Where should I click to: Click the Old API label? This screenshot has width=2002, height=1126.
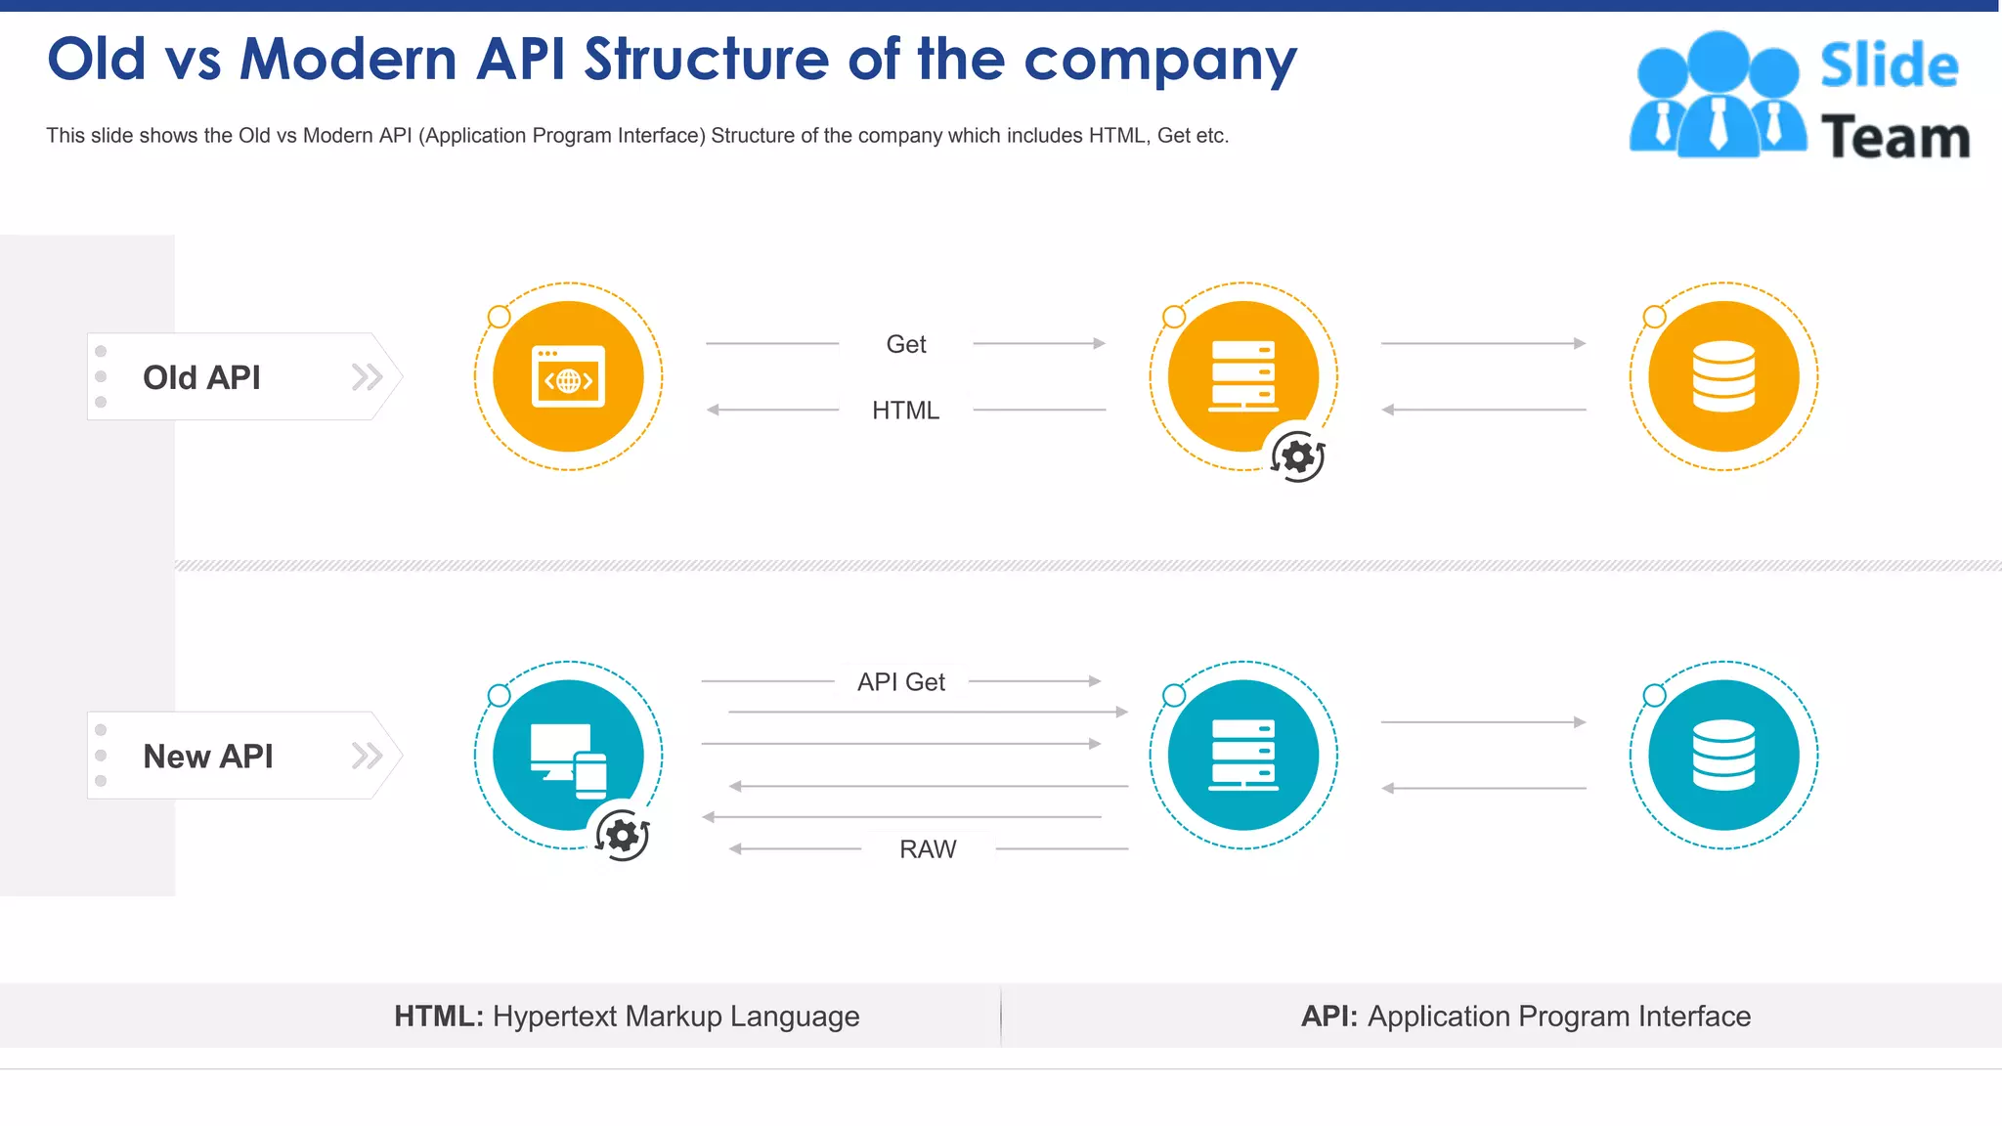coord(201,377)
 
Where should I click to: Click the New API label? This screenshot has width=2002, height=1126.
coord(207,757)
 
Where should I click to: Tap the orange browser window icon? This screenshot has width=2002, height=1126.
coord(568,377)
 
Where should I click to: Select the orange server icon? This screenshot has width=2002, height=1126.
coord(1242,377)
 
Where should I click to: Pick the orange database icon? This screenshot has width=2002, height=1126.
coord(1723,377)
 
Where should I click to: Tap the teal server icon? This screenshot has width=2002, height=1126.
coord(1242,756)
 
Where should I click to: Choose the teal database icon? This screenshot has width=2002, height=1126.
coord(1723,756)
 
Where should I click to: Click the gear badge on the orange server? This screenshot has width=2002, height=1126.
coord(1298,456)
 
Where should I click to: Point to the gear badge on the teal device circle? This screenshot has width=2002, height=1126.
coord(623,836)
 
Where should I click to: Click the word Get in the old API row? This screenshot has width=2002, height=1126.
coord(906,344)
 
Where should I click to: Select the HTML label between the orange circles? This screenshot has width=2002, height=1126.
coord(905,411)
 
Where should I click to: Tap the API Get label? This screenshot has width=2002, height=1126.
coord(900,682)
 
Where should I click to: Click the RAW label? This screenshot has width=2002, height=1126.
coord(928,849)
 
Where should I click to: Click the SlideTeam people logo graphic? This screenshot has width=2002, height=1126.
coord(1718,96)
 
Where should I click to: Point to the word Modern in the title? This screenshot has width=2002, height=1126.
coord(349,60)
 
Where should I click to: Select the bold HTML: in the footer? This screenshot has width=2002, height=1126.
coord(439,1017)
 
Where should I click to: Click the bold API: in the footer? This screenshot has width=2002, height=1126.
coord(1329,1017)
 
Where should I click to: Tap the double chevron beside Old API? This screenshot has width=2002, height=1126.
coord(367,377)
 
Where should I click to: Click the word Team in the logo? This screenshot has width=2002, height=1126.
coord(1894,138)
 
